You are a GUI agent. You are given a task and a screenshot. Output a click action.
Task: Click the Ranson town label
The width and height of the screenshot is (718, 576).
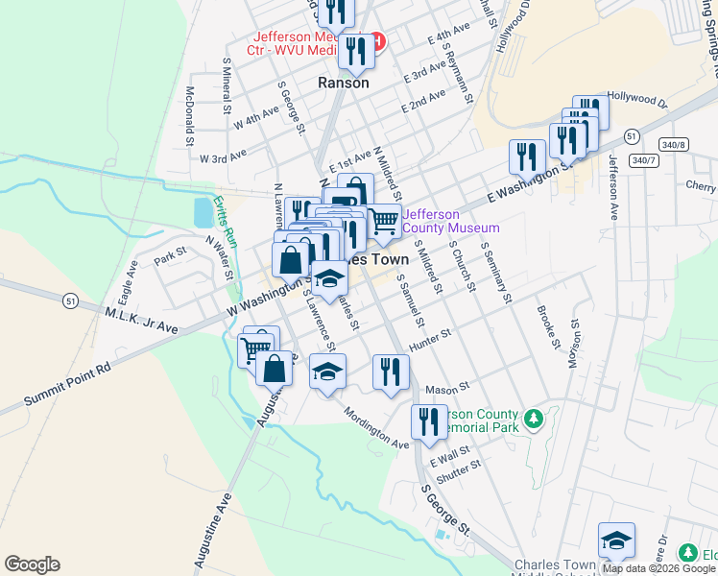pyautogui.click(x=343, y=84)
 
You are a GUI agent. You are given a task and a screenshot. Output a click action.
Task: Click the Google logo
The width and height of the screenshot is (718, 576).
pyautogui.click(x=32, y=564)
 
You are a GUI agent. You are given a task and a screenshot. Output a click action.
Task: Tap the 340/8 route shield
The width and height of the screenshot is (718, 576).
pyautogui.click(x=674, y=144)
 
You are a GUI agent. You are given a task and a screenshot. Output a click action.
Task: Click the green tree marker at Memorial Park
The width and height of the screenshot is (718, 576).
pyautogui.click(x=533, y=420)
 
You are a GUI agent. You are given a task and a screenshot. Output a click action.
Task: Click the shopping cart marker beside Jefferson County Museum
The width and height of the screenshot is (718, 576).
pyautogui.click(x=385, y=220)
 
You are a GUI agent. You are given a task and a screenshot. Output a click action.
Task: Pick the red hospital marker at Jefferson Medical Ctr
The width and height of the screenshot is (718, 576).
pyautogui.click(x=377, y=41)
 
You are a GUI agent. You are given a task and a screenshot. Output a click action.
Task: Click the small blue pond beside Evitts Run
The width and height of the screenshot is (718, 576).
pyautogui.click(x=203, y=211)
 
